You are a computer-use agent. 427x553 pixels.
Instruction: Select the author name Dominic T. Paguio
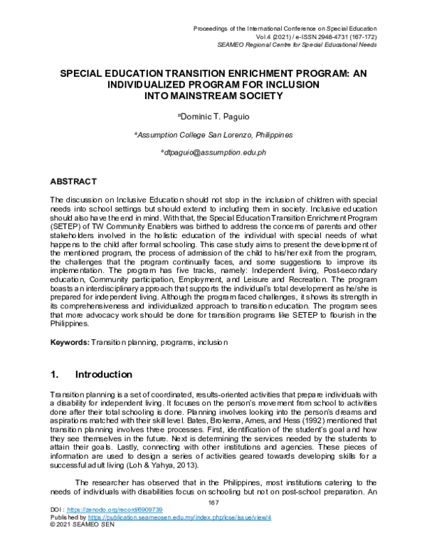(213, 115)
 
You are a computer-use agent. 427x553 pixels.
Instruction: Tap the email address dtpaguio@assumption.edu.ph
(213, 153)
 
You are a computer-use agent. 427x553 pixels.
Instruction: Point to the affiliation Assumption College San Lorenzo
(213, 134)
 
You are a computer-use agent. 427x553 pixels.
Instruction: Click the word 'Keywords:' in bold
(69, 342)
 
